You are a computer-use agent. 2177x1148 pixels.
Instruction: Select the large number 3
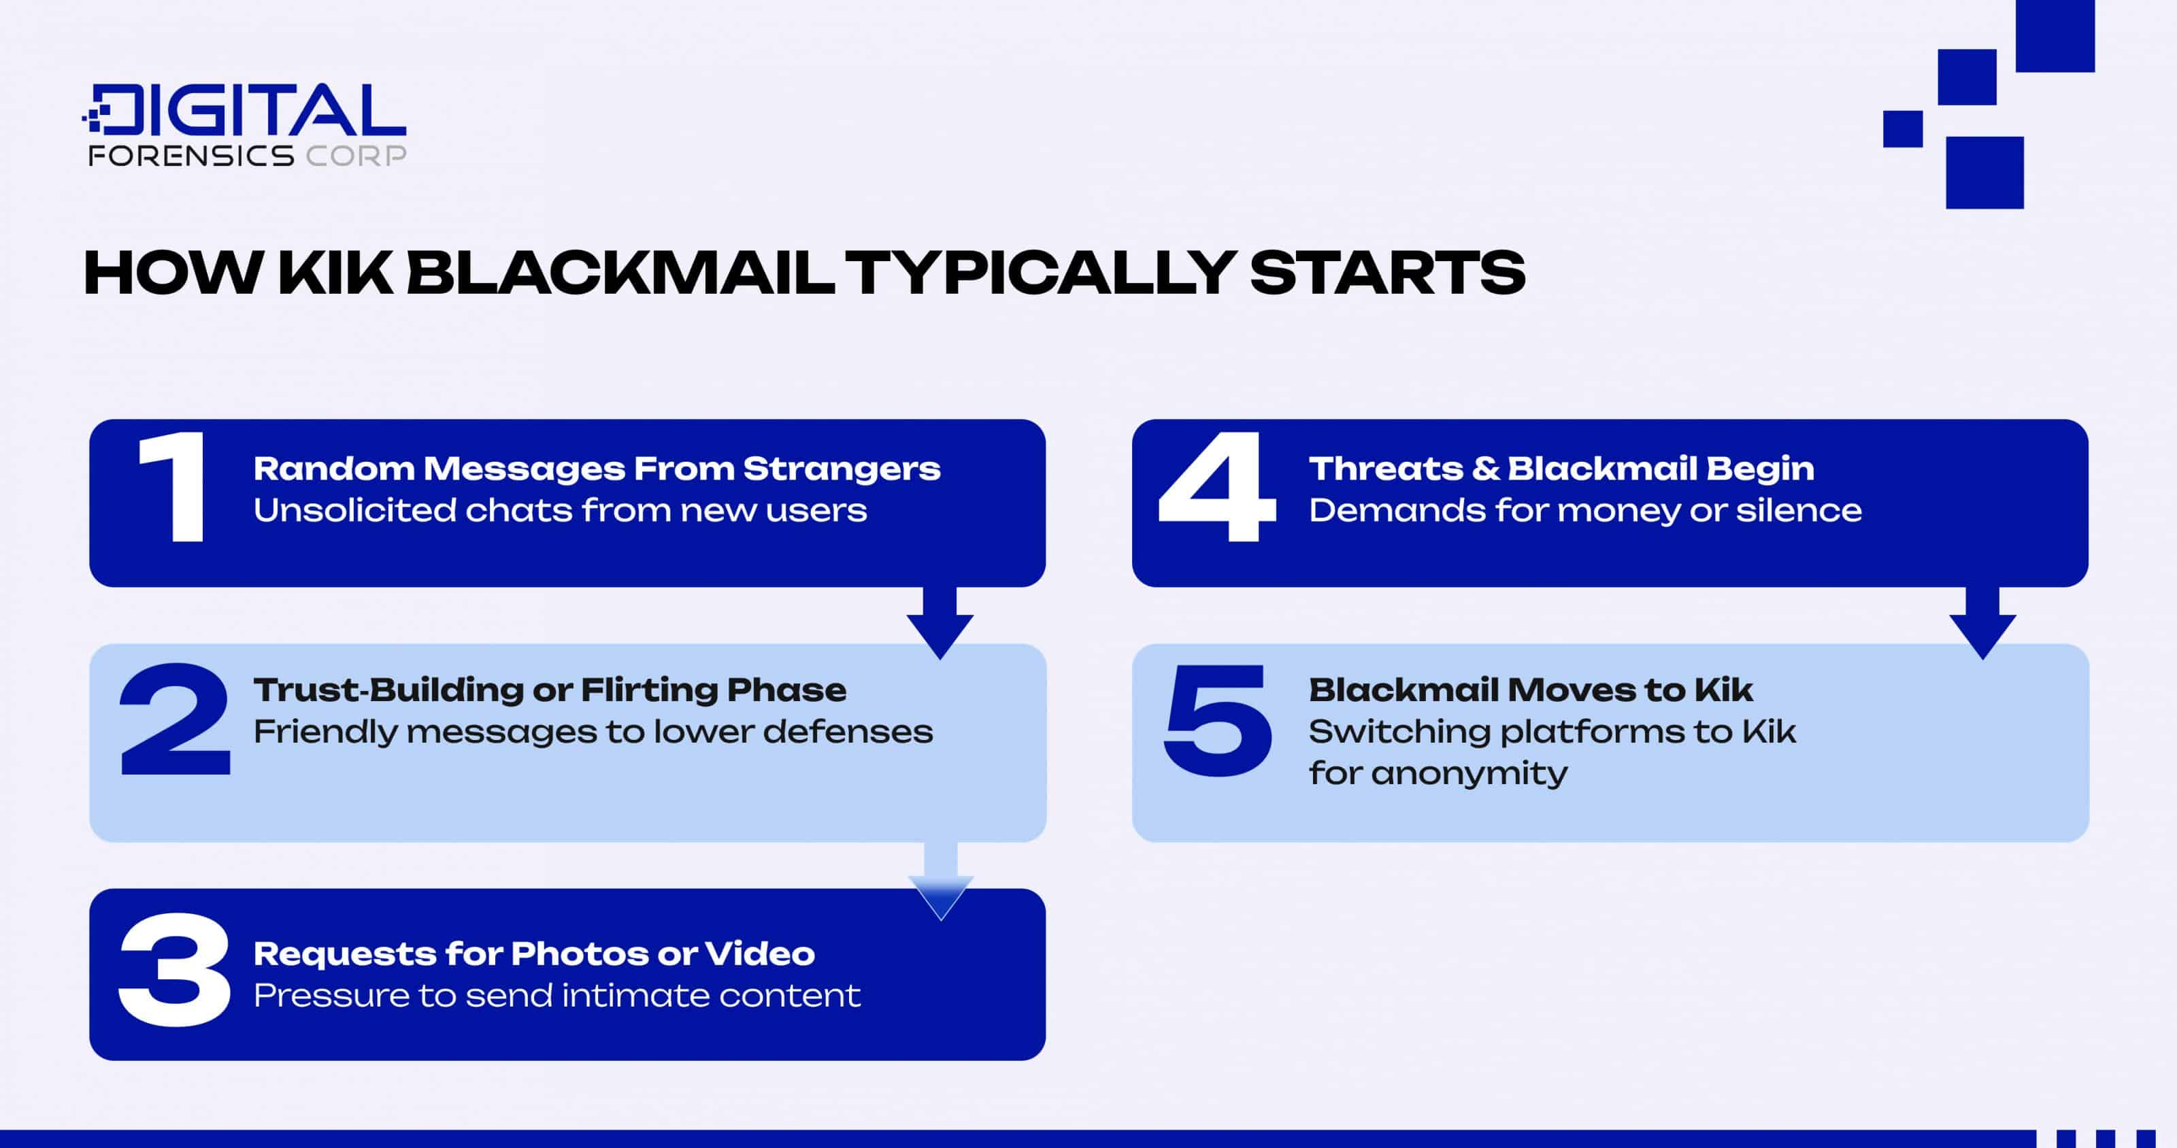pyautogui.click(x=174, y=969)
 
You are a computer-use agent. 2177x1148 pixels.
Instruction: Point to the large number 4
pyautogui.click(x=1217, y=488)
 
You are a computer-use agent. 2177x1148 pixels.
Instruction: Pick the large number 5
pyautogui.click(x=1218, y=721)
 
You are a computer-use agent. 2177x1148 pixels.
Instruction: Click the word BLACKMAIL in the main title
pyautogui.click(x=620, y=273)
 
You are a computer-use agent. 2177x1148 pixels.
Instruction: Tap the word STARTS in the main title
pyautogui.click(x=1387, y=273)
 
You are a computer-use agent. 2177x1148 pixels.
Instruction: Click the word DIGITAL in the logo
pyautogui.click(x=245, y=109)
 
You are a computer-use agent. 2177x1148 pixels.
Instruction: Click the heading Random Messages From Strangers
pyautogui.click(x=597, y=468)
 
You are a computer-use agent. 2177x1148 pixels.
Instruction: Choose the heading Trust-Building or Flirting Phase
pyautogui.click(x=550, y=690)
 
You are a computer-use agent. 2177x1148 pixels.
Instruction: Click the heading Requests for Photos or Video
pyautogui.click(x=534, y=953)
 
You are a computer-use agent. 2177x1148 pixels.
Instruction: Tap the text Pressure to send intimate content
pyautogui.click(x=557, y=995)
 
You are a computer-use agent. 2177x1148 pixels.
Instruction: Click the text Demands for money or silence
pyautogui.click(x=1585, y=510)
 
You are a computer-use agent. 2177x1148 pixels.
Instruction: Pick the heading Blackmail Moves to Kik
pyautogui.click(x=1531, y=690)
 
